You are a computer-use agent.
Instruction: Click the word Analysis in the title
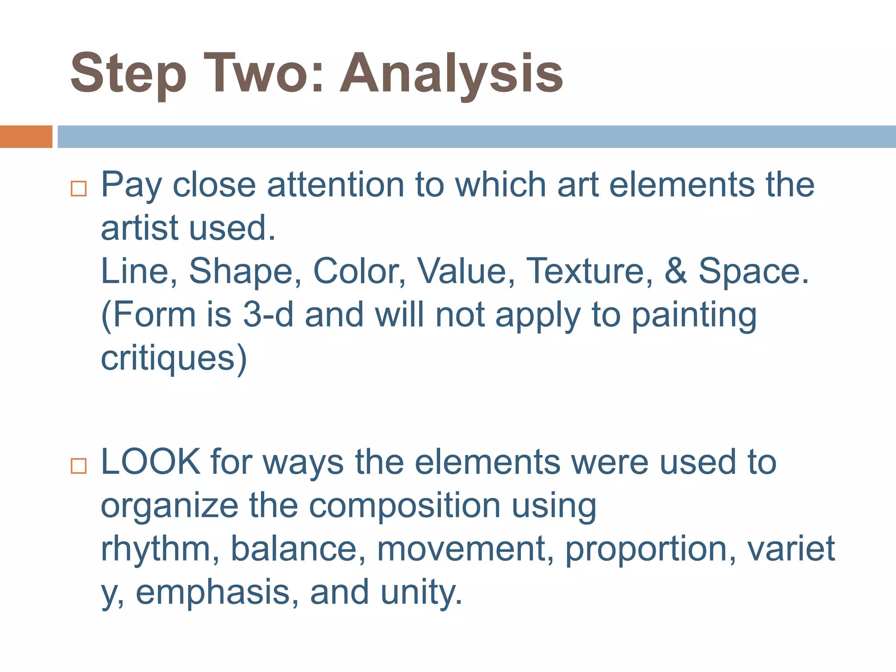pyautogui.click(x=451, y=74)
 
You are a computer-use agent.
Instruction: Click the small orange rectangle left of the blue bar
pyautogui.click(x=26, y=136)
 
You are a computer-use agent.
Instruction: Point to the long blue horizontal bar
pyautogui.click(x=476, y=136)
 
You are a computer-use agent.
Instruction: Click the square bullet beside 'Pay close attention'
pyautogui.click(x=79, y=189)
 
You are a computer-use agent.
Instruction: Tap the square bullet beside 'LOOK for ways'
pyautogui.click(x=79, y=466)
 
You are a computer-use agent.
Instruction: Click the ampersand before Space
pyautogui.click(x=675, y=271)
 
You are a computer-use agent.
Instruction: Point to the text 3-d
pyautogui.click(x=268, y=315)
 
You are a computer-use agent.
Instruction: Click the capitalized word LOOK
pyautogui.click(x=150, y=462)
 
